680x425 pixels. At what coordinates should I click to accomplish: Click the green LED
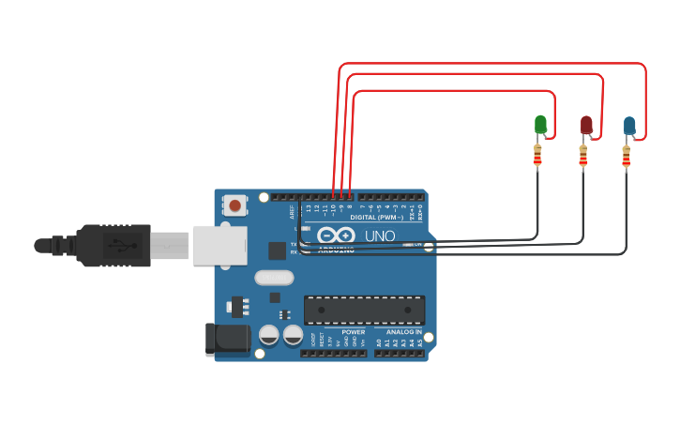[x=540, y=124]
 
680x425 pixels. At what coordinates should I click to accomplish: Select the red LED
[x=586, y=125]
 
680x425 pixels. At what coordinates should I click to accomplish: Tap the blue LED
[x=629, y=126]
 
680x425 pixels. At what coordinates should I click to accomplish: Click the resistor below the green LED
[x=537, y=156]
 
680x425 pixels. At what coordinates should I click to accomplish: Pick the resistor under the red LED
[x=582, y=157]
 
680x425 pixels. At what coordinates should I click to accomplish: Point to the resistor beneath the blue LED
[x=626, y=158]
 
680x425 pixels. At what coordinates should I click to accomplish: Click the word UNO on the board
[x=380, y=235]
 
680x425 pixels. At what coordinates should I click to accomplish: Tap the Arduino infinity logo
[x=335, y=235]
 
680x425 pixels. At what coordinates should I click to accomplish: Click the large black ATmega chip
[x=364, y=310]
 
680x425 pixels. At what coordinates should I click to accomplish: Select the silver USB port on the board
[x=219, y=245]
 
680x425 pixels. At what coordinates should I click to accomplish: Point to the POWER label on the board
[x=354, y=332]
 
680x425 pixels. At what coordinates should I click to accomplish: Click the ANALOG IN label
[x=404, y=332]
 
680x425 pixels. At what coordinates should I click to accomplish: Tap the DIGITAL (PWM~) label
[x=376, y=217]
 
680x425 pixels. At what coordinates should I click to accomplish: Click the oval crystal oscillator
[x=274, y=277]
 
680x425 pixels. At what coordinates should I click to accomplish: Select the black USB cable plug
[x=113, y=246]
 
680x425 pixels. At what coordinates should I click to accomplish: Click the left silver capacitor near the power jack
[x=268, y=334]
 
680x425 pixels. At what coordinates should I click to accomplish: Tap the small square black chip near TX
[x=277, y=250]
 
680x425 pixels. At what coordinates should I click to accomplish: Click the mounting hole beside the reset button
[x=264, y=197]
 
